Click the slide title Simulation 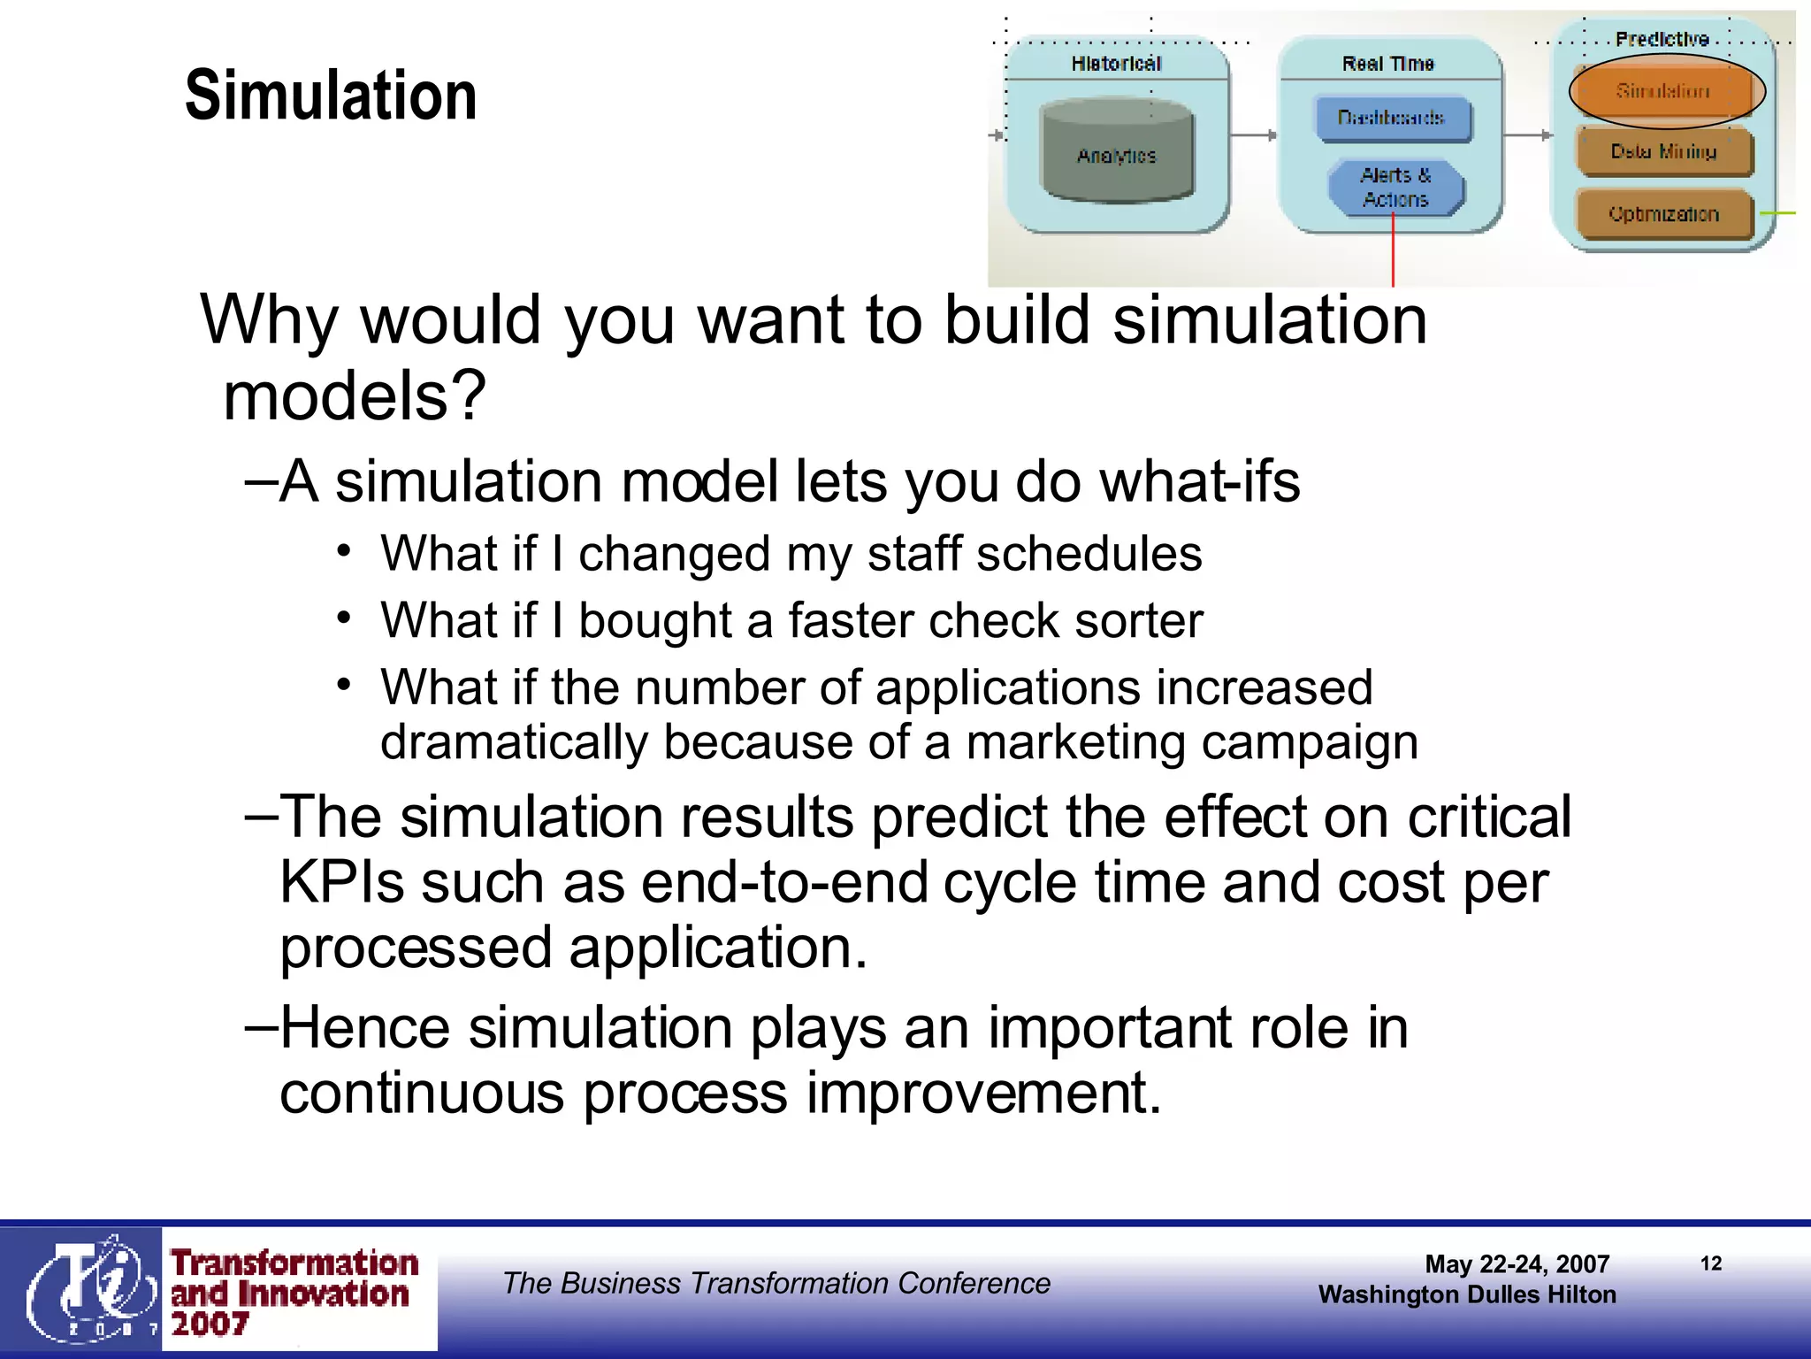coord(331,96)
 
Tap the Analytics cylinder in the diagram coord(1117,152)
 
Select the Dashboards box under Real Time coord(1393,119)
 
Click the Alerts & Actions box coord(1395,188)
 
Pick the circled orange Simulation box coord(1664,91)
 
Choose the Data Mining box coord(1663,152)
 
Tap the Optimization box coord(1663,214)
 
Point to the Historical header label coord(1116,64)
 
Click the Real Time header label coord(1387,64)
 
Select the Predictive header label coord(1662,39)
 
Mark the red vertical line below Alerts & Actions coord(1393,252)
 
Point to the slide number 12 coord(1711,1263)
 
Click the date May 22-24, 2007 coord(1517,1264)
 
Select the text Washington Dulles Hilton coord(1467,1294)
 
